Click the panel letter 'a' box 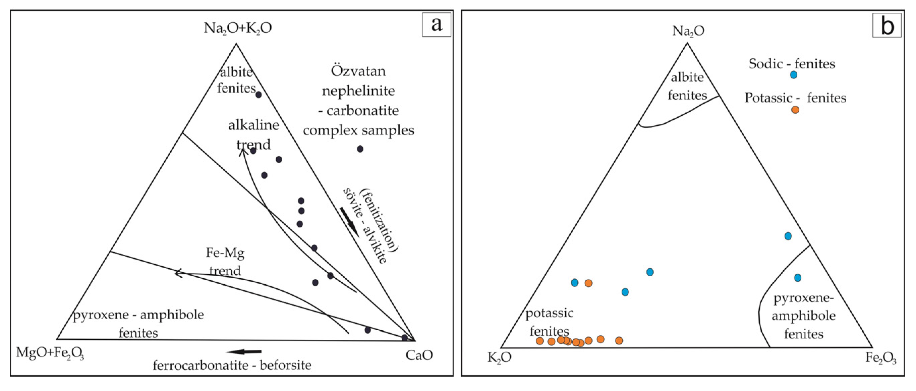click(x=436, y=24)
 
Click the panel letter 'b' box click(x=886, y=25)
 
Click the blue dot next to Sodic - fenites click(x=793, y=75)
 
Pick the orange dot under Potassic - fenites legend click(x=795, y=110)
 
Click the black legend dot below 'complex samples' click(x=360, y=149)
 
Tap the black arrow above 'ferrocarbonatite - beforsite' click(x=244, y=352)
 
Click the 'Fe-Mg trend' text click(x=225, y=262)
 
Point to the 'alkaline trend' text click(x=253, y=134)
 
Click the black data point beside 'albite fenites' click(x=259, y=95)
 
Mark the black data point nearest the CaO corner click(x=404, y=337)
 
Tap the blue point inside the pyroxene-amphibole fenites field click(x=798, y=278)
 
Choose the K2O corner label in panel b click(x=499, y=357)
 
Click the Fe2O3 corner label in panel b click(x=880, y=357)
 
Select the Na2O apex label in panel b click(x=688, y=31)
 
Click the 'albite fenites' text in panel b click(x=687, y=86)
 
